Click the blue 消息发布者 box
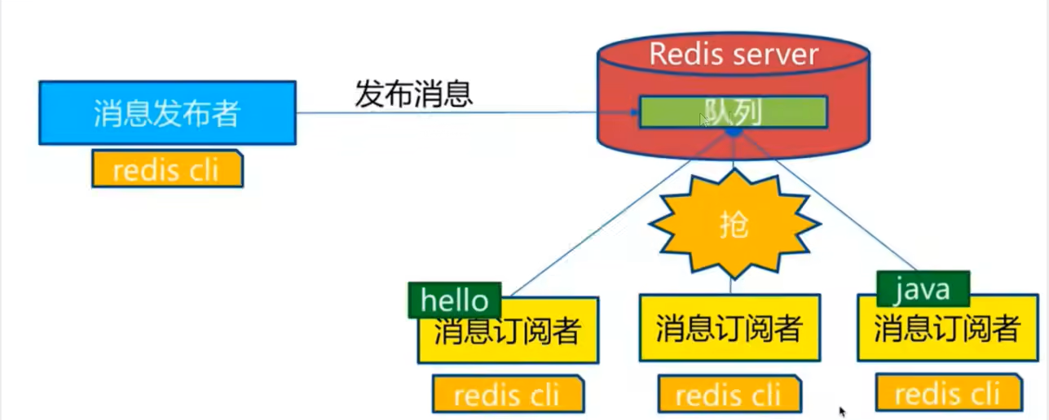tap(167, 112)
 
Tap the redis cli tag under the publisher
tap(167, 169)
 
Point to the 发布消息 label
tap(413, 94)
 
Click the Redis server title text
tap(733, 55)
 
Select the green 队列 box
tap(733, 112)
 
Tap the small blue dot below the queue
tap(734, 132)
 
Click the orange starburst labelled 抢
tap(734, 224)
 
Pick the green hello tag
tap(454, 300)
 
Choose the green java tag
tap(923, 287)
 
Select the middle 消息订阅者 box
tap(729, 328)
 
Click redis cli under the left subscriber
tap(507, 396)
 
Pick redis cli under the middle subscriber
tap(728, 396)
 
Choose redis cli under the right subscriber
tap(947, 394)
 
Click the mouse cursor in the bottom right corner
tap(843, 412)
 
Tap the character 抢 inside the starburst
tap(734, 225)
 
